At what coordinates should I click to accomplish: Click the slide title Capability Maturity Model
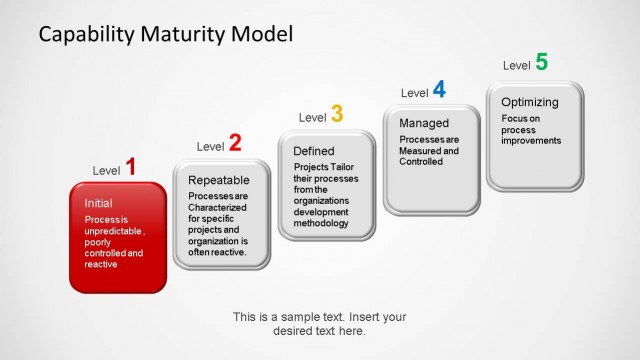[x=166, y=34]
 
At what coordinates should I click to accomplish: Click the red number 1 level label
[x=130, y=167]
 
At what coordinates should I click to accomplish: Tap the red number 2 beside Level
[x=235, y=143]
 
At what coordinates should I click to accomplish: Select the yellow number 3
[x=337, y=115]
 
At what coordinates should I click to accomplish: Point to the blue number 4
[x=439, y=90]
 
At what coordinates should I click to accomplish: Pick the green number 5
[x=541, y=62]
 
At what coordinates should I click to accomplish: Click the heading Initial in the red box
[x=99, y=202]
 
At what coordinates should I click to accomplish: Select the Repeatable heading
[x=219, y=179]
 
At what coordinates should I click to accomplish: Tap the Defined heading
[x=314, y=151]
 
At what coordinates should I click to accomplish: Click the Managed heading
[x=423, y=123]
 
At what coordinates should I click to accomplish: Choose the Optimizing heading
[x=530, y=102]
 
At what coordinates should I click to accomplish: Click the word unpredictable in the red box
[x=114, y=230]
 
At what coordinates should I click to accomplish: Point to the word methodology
[x=321, y=223]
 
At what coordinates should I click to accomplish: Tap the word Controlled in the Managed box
[x=420, y=161]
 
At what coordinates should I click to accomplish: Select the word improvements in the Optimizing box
[x=532, y=141]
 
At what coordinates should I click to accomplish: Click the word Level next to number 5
[x=516, y=66]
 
